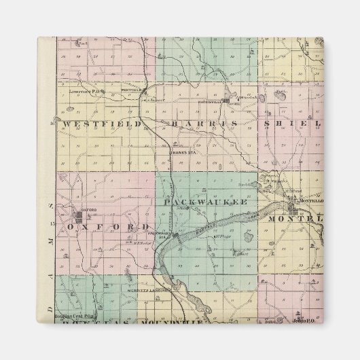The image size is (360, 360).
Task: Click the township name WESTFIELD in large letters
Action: point(102,124)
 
